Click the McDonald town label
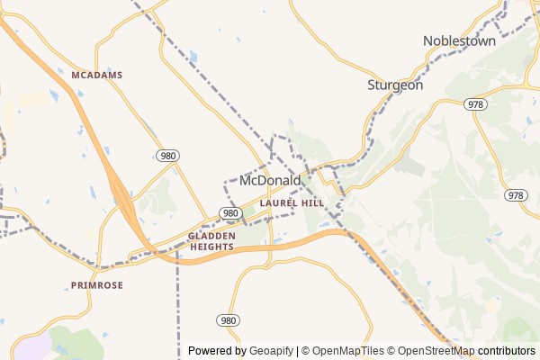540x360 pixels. pos(271,181)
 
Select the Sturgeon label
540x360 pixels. pos(394,85)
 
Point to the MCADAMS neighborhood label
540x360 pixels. pos(96,75)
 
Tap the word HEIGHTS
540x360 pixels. pos(211,247)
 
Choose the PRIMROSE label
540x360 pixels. pos(96,285)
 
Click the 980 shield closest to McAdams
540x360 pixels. pos(167,156)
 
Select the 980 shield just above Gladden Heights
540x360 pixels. pos(230,213)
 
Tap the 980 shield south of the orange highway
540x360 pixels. pos(228,320)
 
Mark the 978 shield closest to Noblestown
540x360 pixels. pos(476,104)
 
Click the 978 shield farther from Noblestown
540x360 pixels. pos(515,195)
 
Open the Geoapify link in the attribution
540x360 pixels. pos(271,352)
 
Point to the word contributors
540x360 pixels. pos(507,352)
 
